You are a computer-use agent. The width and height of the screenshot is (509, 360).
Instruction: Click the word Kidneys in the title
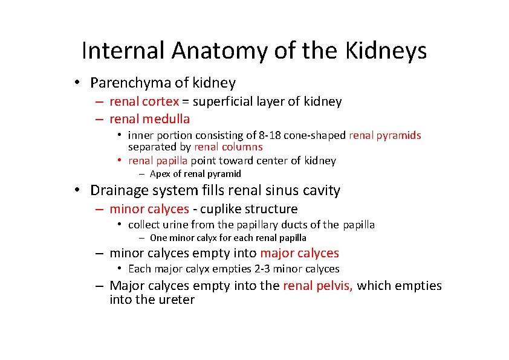tap(386, 51)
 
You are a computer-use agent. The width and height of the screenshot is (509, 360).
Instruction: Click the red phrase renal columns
tap(228, 147)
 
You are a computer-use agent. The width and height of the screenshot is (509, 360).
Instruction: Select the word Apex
tap(160, 174)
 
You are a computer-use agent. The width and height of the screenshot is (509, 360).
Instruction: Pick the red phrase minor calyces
tap(149, 209)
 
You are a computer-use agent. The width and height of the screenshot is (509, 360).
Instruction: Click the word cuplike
tap(223, 209)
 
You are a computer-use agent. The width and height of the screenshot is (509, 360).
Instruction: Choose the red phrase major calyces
tap(299, 253)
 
